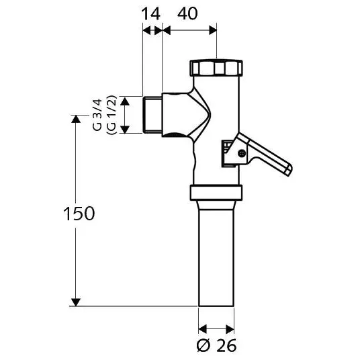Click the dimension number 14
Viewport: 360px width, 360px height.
[151, 14]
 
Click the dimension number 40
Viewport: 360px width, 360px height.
[187, 13]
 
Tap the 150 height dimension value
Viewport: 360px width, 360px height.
[79, 214]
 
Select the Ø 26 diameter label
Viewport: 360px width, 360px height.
[216, 345]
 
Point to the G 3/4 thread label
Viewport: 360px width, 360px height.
[97, 115]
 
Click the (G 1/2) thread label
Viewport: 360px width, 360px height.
[111, 115]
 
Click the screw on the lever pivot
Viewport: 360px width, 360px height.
[242, 153]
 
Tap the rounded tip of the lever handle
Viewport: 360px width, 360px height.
[289, 171]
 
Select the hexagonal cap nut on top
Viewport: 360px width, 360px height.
[216, 68]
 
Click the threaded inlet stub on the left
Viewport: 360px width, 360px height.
[152, 115]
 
